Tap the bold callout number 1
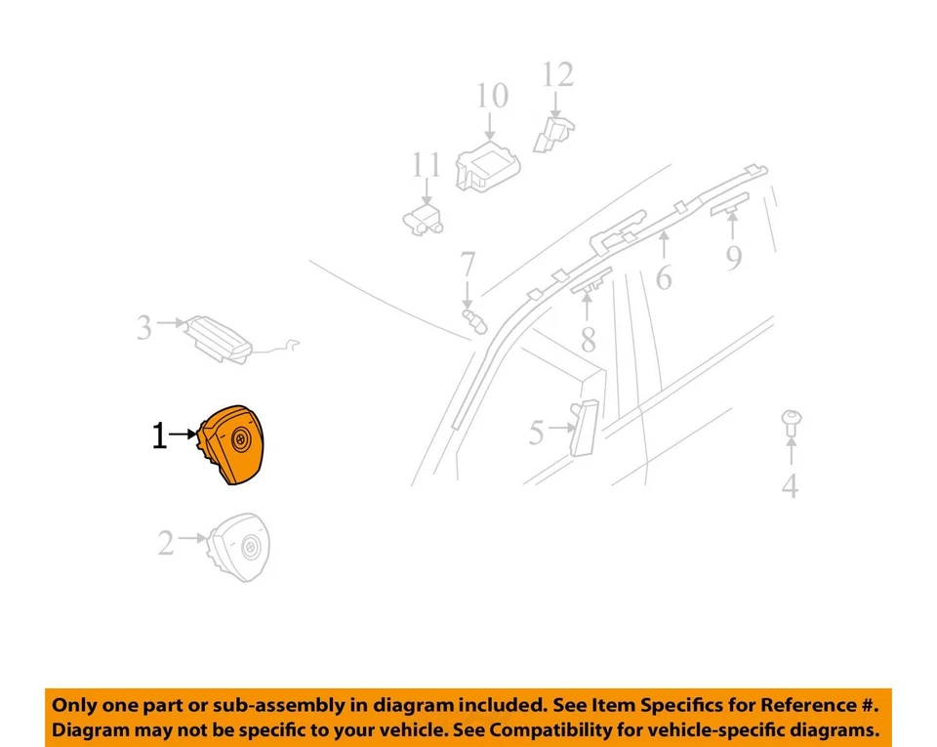(x=159, y=436)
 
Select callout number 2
(x=166, y=543)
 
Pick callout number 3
(x=144, y=327)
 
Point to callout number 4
(x=790, y=484)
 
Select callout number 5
(x=536, y=433)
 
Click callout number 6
(x=664, y=277)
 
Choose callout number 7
(x=468, y=265)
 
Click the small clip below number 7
(x=473, y=319)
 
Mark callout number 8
(x=587, y=338)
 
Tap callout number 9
(x=734, y=257)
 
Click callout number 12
(x=558, y=74)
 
